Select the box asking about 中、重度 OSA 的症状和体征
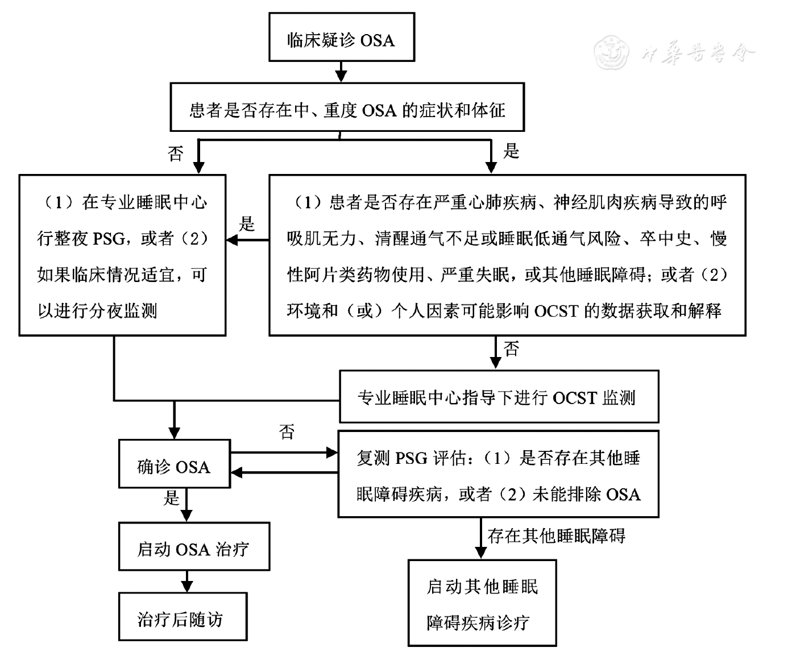point(347,110)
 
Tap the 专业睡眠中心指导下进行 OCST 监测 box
point(499,397)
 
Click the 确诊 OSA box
point(174,467)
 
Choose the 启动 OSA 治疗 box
point(193,549)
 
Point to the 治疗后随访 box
point(182,619)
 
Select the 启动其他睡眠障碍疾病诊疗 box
point(482,604)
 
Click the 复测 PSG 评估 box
point(498,475)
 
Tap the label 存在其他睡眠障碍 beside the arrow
point(556,536)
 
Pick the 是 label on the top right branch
point(511,151)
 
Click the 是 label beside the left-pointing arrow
point(246,224)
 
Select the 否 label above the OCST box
point(511,349)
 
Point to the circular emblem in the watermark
point(612,53)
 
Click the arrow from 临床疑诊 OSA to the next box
point(341,72)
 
